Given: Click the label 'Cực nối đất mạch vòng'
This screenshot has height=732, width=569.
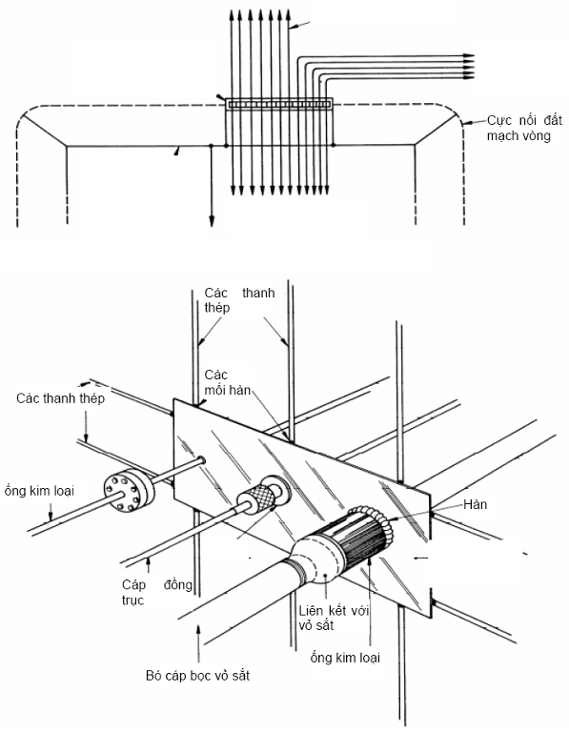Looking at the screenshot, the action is [x=524, y=128].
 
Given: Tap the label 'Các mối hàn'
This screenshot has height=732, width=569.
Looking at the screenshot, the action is [x=228, y=382].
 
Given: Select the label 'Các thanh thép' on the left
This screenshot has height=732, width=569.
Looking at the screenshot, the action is [x=61, y=398].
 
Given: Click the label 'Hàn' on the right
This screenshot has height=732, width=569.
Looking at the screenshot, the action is [x=476, y=504].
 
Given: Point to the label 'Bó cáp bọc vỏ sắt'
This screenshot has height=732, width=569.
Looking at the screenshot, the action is [x=197, y=675].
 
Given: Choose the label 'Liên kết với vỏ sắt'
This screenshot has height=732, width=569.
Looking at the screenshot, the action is [x=335, y=618].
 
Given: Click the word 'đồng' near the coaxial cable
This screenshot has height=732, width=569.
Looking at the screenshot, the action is [x=178, y=584].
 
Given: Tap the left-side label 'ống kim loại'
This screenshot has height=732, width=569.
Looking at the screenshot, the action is [x=39, y=491].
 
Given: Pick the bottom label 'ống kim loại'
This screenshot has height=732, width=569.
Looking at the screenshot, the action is [x=345, y=658].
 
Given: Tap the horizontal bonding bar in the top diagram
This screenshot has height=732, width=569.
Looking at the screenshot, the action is [x=279, y=104].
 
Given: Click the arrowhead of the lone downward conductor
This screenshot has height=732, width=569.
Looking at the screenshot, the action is [x=212, y=221].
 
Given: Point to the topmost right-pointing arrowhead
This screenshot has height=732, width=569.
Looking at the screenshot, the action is [x=469, y=56].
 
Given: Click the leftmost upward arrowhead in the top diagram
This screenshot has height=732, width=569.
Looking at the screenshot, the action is [x=231, y=14].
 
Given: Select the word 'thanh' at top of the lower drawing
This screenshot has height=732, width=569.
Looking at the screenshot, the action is [x=258, y=293].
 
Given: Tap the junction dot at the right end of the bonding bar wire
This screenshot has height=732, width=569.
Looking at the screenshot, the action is [x=334, y=145].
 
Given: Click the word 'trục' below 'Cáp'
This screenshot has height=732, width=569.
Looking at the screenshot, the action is [x=132, y=600].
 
